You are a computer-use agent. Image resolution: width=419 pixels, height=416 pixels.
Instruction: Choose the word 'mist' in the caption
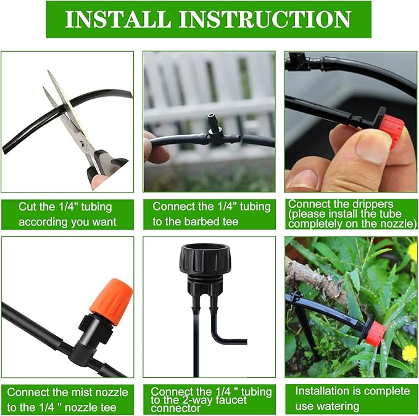85,392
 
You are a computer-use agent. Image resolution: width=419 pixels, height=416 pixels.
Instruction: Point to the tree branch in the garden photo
318,278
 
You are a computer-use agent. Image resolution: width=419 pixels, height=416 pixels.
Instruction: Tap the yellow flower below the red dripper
409,352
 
